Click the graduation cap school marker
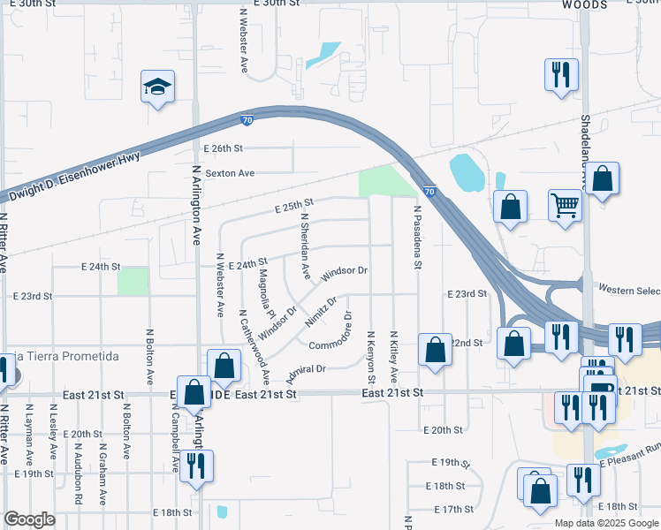click(x=157, y=87)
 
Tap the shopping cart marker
click(x=565, y=207)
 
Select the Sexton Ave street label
click(x=230, y=173)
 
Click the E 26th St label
click(x=223, y=148)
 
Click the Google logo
click(x=29, y=519)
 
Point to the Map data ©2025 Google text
click(x=605, y=523)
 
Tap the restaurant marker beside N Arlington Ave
click(x=195, y=466)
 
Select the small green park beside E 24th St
click(x=133, y=281)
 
